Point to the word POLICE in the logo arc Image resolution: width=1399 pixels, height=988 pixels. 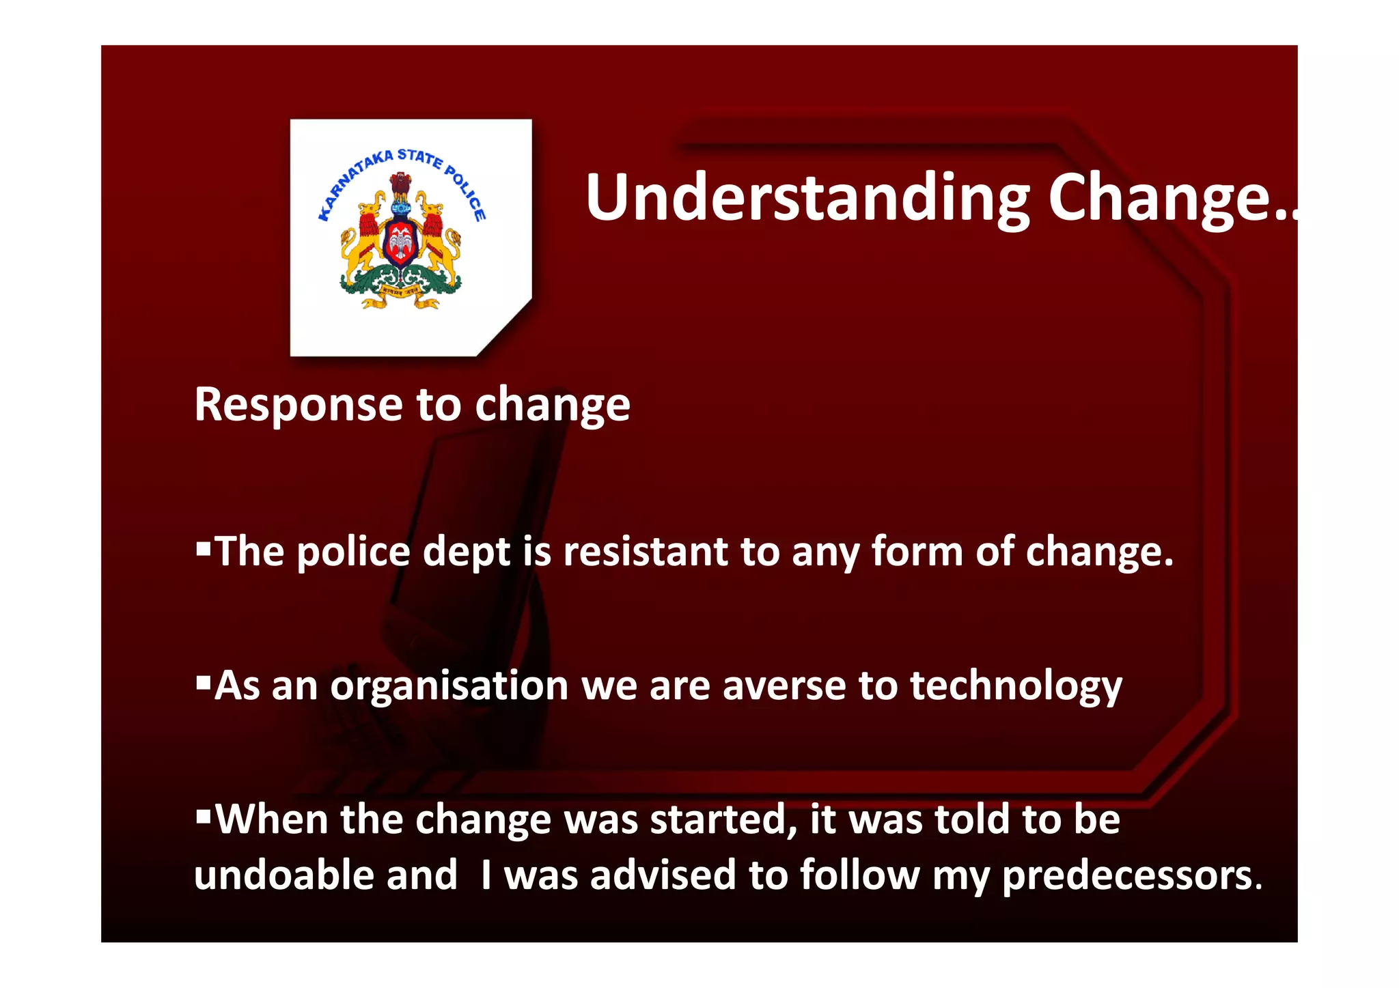click(466, 193)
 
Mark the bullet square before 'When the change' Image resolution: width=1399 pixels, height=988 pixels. click(203, 815)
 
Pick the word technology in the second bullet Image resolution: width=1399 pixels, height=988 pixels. click(1016, 686)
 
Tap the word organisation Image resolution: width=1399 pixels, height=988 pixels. click(449, 686)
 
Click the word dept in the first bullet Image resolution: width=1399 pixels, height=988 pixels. click(467, 552)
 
